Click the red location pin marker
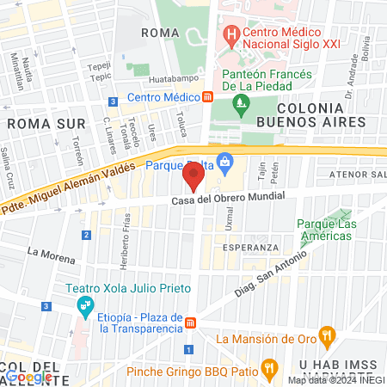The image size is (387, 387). [x=193, y=178]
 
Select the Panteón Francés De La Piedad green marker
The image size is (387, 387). [x=241, y=107]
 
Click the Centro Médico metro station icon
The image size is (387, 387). [x=207, y=97]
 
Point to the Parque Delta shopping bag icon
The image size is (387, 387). [x=224, y=161]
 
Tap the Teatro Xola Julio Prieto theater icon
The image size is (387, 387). [x=84, y=304]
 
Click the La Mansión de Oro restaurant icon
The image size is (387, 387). [x=325, y=335]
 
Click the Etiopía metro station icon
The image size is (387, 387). [x=191, y=322]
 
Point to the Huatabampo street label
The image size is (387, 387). [x=157, y=81]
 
